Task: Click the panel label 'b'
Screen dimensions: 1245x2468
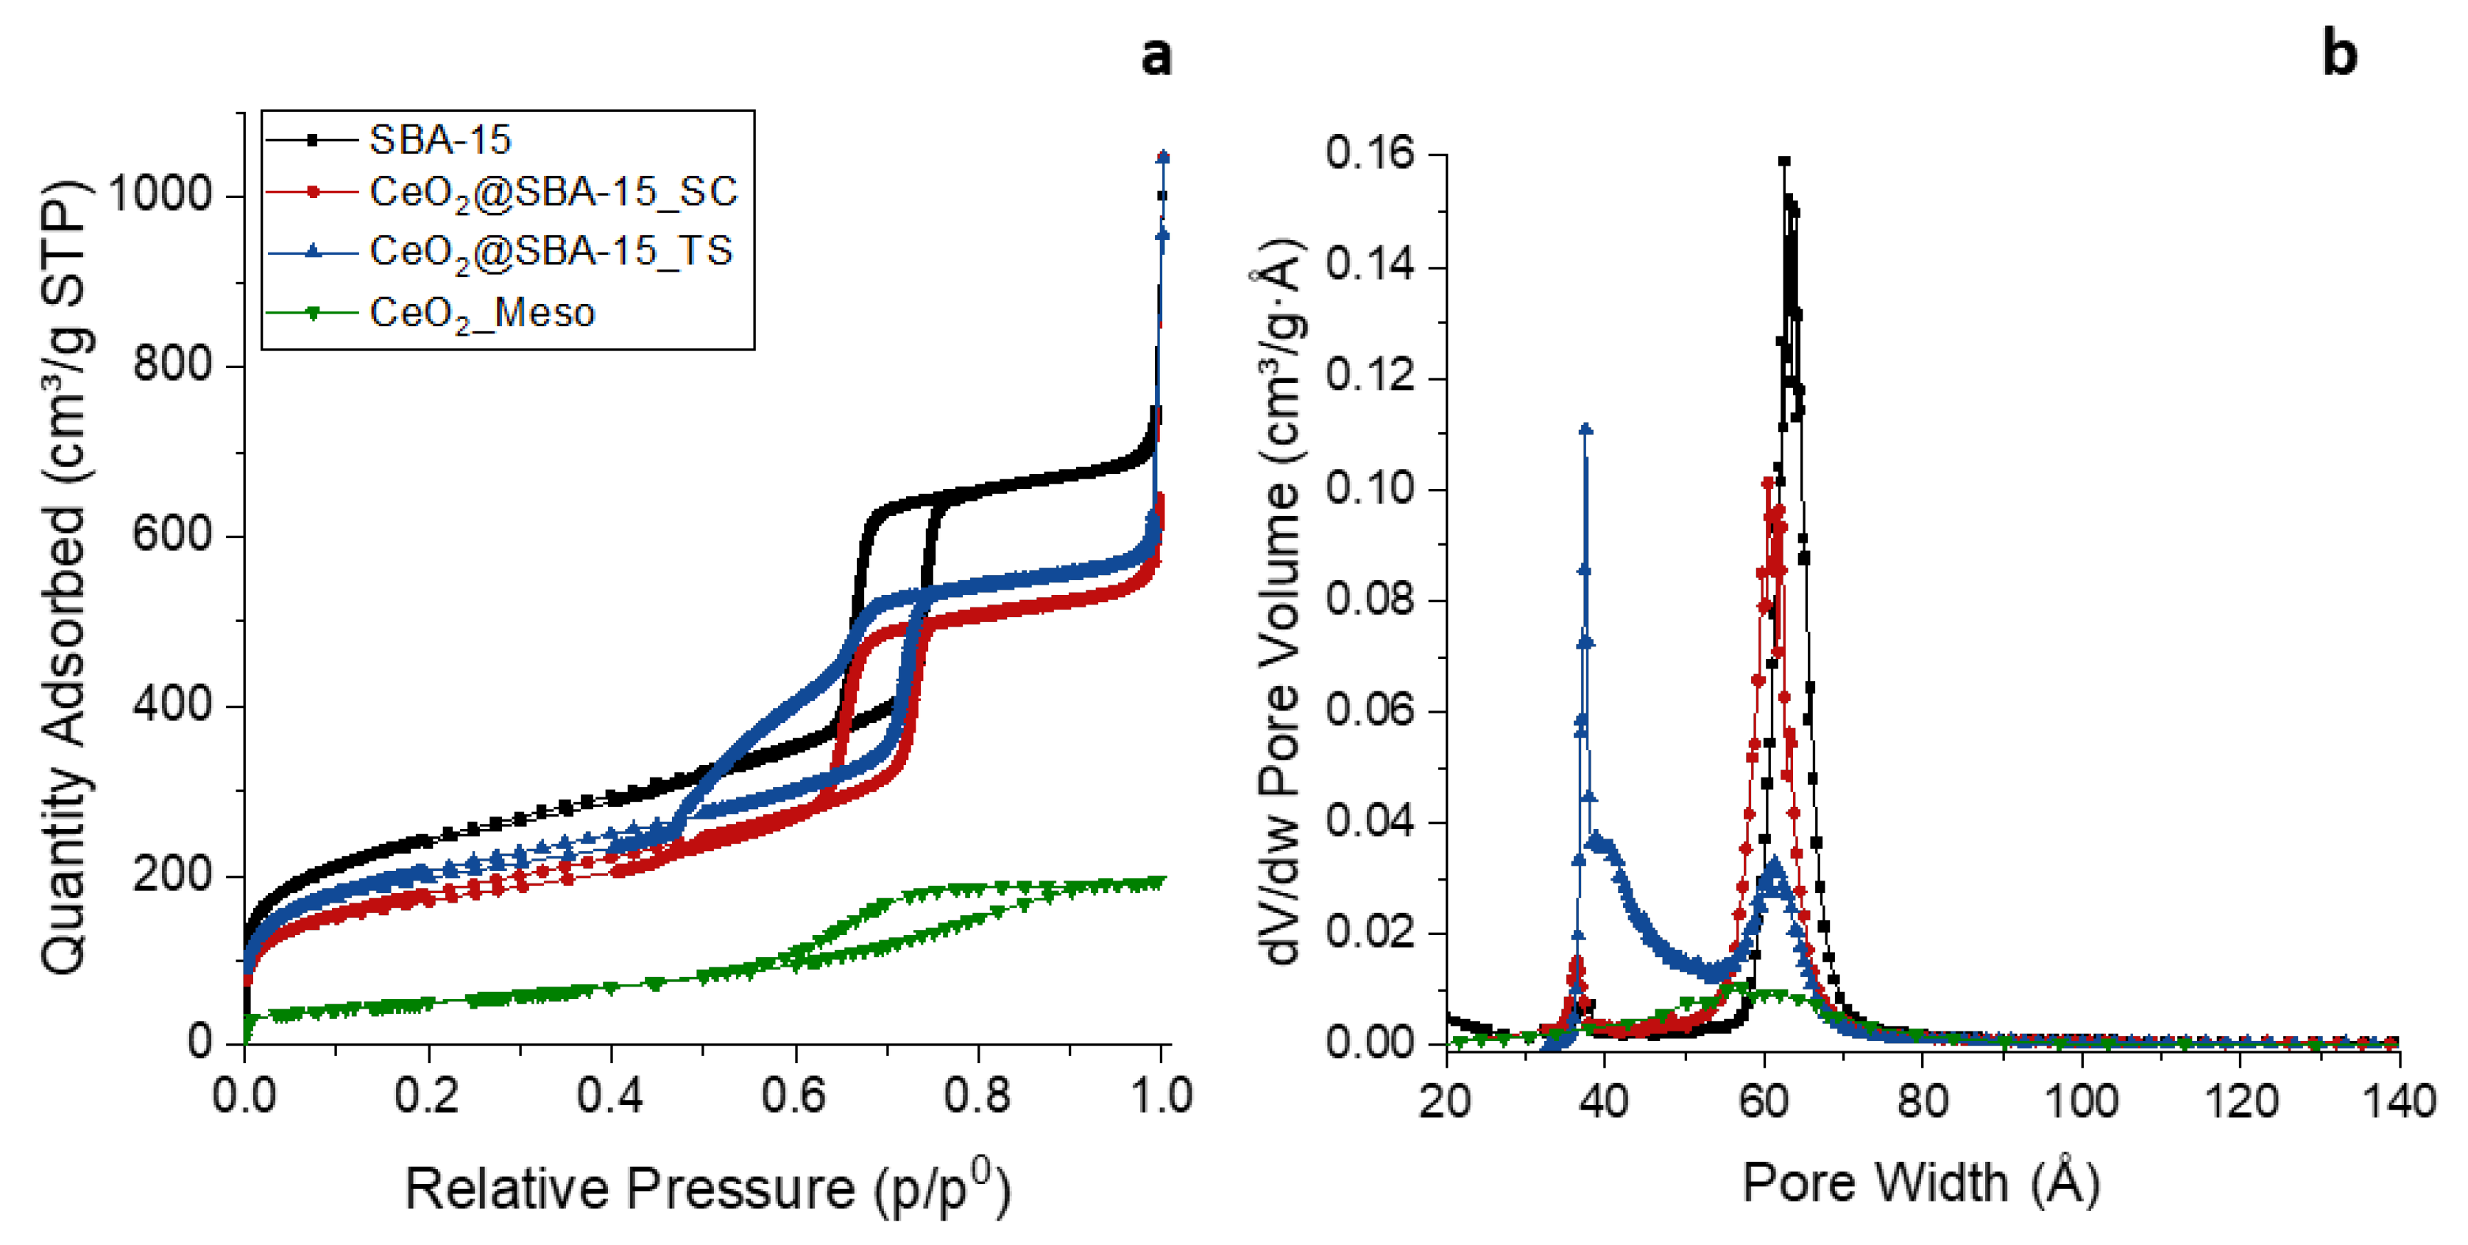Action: (2338, 54)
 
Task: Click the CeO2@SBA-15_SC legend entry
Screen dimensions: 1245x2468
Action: (553, 193)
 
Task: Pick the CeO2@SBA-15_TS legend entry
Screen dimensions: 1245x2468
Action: (551, 251)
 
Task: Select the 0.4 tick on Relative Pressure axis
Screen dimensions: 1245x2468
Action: (610, 1096)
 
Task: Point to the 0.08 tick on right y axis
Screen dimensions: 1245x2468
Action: (1370, 600)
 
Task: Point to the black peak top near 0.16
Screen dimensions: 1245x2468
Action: (1784, 162)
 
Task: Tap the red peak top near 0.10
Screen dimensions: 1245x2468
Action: (1768, 483)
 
